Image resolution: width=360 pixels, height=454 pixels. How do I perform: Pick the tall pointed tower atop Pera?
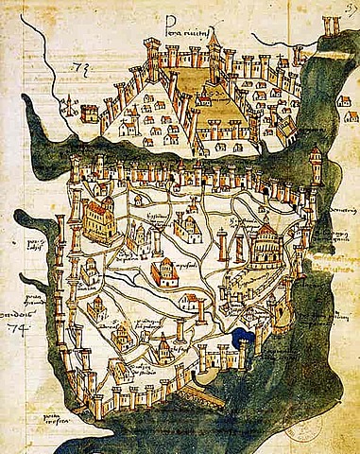coord(214,43)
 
